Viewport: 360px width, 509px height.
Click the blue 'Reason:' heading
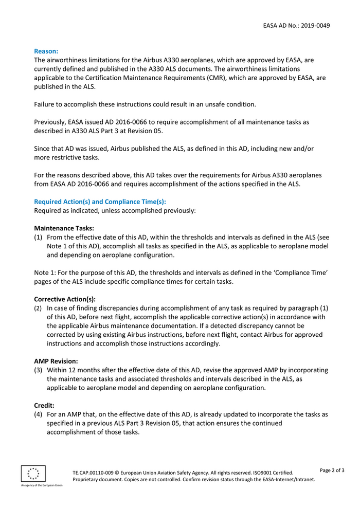46,51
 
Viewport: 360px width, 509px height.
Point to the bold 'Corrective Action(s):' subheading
65,299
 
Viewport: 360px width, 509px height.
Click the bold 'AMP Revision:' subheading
56,361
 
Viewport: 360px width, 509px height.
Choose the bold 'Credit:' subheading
44,405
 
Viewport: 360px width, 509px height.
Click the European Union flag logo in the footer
33,474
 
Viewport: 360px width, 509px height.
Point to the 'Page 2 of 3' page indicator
332,470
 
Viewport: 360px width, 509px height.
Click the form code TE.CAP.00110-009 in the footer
96,472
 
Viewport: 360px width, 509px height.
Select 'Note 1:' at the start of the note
45,272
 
